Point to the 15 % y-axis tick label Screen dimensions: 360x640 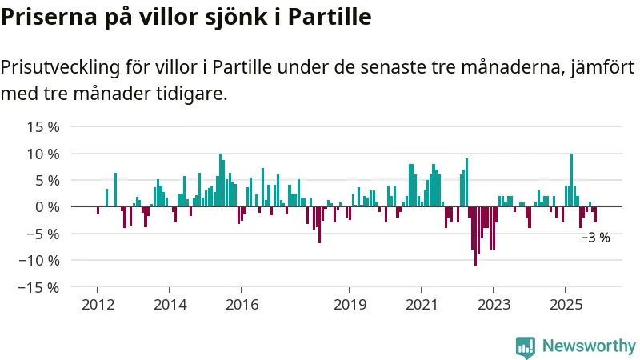pyautogui.click(x=43, y=126)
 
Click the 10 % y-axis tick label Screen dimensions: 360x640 pyautogui.click(x=43, y=154)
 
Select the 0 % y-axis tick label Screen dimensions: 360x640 pyautogui.click(x=46, y=207)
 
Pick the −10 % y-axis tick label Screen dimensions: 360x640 pyautogui.click(x=40, y=261)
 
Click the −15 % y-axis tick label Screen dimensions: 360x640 pyautogui.click(x=40, y=287)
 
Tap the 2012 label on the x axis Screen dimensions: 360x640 pyautogui.click(x=98, y=304)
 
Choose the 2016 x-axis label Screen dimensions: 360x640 pyautogui.click(x=242, y=304)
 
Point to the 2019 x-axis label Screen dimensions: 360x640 pyautogui.click(x=350, y=304)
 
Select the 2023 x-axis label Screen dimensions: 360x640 pyautogui.click(x=494, y=304)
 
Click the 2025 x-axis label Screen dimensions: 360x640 pyautogui.click(x=566, y=304)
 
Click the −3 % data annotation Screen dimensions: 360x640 pyautogui.click(x=595, y=238)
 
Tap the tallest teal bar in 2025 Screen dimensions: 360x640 pyautogui.click(x=571, y=180)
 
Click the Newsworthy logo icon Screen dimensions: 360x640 pyautogui.click(x=526, y=346)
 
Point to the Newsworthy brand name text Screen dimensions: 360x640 pyautogui.click(x=589, y=346)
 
